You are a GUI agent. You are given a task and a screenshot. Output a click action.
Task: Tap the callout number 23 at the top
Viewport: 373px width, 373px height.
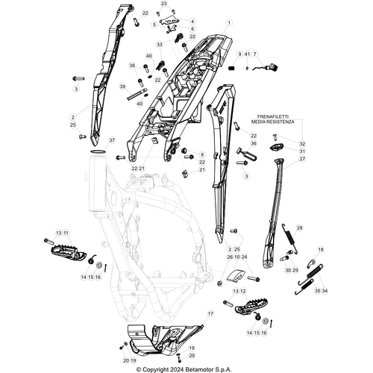(164, 4)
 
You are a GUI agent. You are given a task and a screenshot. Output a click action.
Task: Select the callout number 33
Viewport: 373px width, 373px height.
(159, 45)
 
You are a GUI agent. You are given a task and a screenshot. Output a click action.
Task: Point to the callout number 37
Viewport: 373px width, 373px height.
(113, 140)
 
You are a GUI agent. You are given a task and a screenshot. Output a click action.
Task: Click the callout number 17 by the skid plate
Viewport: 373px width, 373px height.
(210, 315)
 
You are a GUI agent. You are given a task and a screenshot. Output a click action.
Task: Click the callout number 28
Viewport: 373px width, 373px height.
(300, 228)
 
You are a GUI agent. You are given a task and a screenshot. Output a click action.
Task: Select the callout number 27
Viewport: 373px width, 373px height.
(302, 159)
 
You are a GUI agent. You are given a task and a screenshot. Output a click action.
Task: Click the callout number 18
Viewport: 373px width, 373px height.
(322, 250)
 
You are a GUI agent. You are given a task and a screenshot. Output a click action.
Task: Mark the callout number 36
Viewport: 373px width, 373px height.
(254, 143)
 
